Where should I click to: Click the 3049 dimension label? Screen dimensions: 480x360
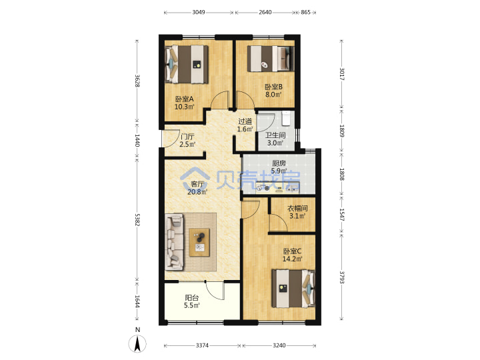199,12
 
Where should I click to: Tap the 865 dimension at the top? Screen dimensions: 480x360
305,12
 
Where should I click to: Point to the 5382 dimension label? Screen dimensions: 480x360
137,220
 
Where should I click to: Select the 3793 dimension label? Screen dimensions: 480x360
342,277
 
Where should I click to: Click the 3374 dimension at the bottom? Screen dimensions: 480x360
202,345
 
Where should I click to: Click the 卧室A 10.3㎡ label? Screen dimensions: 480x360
184,103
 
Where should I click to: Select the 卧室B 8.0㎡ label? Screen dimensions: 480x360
273,91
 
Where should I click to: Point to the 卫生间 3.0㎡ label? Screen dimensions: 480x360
275,139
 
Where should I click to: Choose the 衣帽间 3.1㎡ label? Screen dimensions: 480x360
297,212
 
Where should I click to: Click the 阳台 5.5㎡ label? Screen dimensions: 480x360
192,301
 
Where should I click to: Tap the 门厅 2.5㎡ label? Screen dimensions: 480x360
187,140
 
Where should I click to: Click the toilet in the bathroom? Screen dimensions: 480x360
286,118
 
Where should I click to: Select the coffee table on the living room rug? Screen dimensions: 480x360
199,242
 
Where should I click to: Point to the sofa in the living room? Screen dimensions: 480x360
174,242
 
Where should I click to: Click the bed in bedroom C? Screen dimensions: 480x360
293,288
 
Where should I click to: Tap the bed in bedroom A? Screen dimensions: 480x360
187,64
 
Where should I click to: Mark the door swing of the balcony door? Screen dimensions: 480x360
215,291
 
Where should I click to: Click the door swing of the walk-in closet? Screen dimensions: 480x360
278,223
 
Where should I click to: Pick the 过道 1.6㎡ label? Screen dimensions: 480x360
245,125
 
